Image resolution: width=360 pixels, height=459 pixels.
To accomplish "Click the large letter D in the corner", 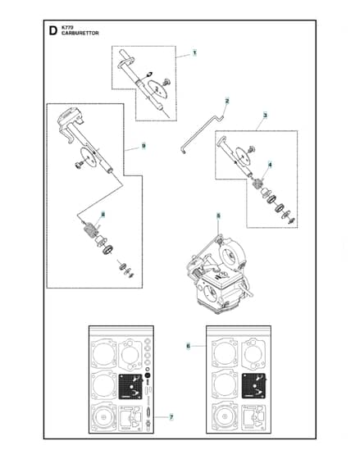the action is [x=52, y=31].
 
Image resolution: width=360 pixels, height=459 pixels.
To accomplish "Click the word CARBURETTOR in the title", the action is [x=80, y=33].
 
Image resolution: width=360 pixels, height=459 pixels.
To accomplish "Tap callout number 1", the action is [x=194, y=53].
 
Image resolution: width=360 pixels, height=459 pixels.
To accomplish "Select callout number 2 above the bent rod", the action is [x=226, y=102].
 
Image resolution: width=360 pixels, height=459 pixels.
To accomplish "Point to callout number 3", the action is [x=265, y=116].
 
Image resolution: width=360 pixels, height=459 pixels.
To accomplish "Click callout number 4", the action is [x=270, y=165].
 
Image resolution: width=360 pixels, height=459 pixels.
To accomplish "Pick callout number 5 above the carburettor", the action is [x=218, y=216].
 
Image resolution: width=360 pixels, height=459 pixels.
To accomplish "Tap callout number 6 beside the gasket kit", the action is [x=188, y=346].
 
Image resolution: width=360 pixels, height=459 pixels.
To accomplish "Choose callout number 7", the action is [x=171, y=417].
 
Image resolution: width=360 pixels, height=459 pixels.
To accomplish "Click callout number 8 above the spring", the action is [x=103, y=215].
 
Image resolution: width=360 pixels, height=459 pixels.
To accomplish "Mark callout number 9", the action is [x=144, y=146].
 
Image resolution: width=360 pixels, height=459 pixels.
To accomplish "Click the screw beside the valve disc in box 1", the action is [x=166, y=82].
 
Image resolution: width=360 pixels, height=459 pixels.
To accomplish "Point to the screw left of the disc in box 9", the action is [x=79, y=165].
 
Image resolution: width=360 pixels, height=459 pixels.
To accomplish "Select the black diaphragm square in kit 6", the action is [x=254, y=386].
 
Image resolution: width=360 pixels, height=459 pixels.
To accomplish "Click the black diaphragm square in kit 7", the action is [x=130, y=386].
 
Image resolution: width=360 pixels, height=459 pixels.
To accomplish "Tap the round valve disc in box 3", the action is [x=244, y=156].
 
